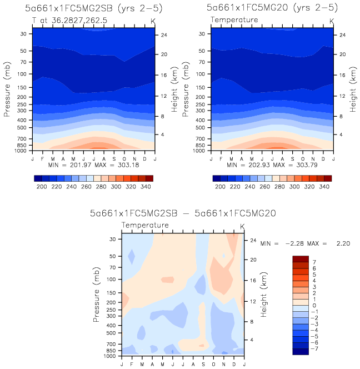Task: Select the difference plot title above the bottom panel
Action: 183,213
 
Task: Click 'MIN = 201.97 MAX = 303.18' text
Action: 93,165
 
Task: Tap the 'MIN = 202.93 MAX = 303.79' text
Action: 272,165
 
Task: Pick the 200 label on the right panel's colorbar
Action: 220,188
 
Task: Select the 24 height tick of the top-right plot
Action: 343,34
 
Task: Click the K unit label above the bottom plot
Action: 242,226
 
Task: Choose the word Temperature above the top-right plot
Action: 234,19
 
